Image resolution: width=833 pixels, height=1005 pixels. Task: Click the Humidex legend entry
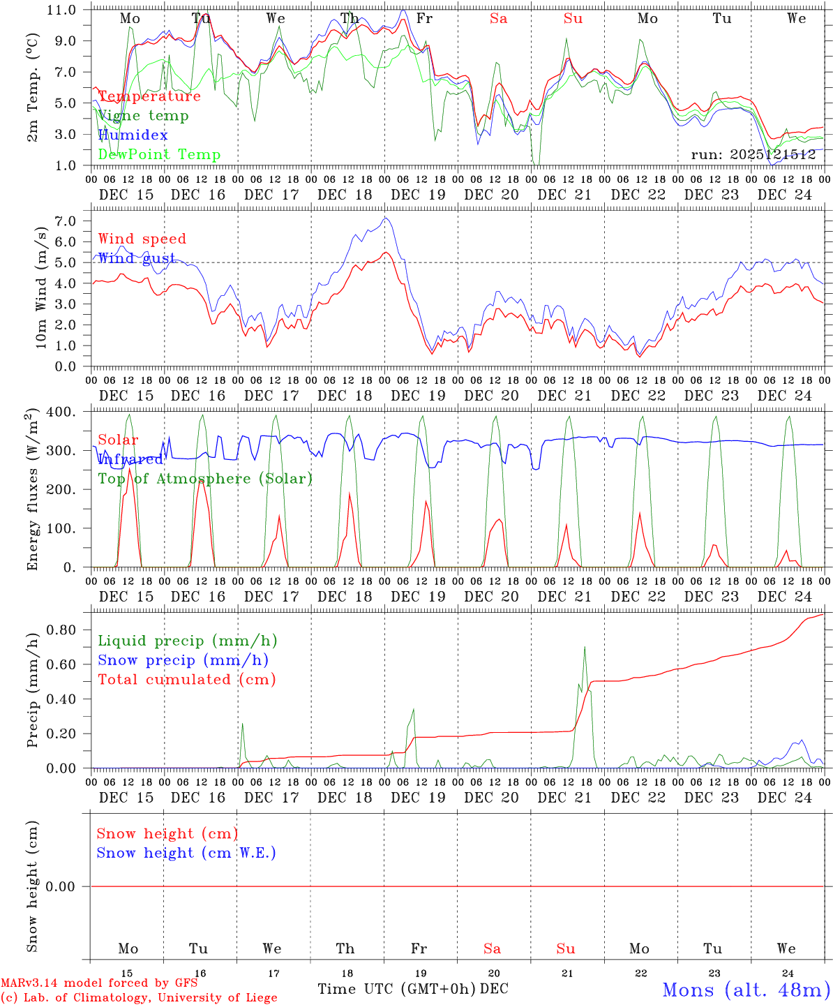tap(133, 135)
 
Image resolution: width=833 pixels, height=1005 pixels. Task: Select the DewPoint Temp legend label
tap(159, 155)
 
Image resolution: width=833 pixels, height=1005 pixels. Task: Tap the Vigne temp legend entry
tap(143, 116)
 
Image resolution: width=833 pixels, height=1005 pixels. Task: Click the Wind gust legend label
tap(136, 258)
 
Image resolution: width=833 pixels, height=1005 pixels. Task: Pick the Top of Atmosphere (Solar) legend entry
tap(204, 479)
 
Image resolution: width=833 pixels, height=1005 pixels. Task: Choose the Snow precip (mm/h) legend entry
tap(183, 660)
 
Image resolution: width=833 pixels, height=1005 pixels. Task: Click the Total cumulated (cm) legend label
tap(186, 680)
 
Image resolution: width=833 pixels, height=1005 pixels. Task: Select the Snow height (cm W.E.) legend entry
tap(186, 853)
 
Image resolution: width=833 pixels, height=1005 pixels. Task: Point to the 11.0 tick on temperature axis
tap(61, 10)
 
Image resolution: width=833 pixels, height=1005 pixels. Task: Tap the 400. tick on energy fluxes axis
tap(61, 412)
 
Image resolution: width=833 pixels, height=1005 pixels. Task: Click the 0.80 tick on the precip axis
tap(61, 630)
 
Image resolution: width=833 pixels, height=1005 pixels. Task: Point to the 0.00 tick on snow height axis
tap(61, 886)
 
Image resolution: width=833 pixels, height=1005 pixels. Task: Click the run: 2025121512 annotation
tap(753, 155)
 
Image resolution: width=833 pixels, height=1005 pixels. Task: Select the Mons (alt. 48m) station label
tap(746, 990)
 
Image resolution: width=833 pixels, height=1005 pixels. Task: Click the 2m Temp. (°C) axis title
tap(33, 87)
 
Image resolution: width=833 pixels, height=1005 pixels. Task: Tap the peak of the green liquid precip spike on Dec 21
tap(585, 647)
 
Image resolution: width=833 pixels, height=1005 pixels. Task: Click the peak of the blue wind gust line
tap(385, 218)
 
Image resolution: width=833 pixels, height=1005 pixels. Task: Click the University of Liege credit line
tap(139, 998)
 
